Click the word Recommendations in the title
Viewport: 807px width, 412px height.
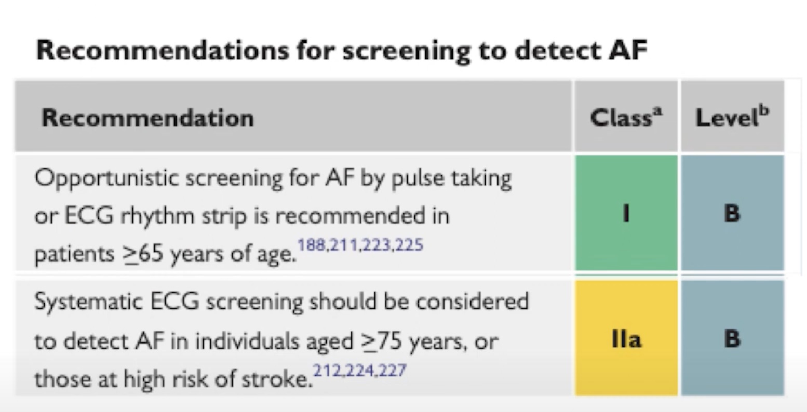tap(163, 50)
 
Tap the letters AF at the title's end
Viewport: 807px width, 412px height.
tap(628, 50)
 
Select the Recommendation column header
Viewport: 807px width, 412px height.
tap(147, 118)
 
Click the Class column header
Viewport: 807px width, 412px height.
tap(626, 117)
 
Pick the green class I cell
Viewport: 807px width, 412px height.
tap(626, 213)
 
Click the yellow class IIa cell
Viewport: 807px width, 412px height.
tap(626, 338)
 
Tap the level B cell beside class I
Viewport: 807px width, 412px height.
tap(732, 213)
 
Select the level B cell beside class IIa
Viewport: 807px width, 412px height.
tap(732, 338)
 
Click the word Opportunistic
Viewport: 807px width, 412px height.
tap(106, 179)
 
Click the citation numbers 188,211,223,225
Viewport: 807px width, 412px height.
tap(360, 245)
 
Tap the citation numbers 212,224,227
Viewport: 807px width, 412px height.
tap(359, 370)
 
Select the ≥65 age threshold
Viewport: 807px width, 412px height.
tap(142, 254)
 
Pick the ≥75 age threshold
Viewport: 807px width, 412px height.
tap(382, 341)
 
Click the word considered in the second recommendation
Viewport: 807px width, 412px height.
tap(473, 301)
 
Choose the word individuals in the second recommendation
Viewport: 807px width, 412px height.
tap(247, 341)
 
